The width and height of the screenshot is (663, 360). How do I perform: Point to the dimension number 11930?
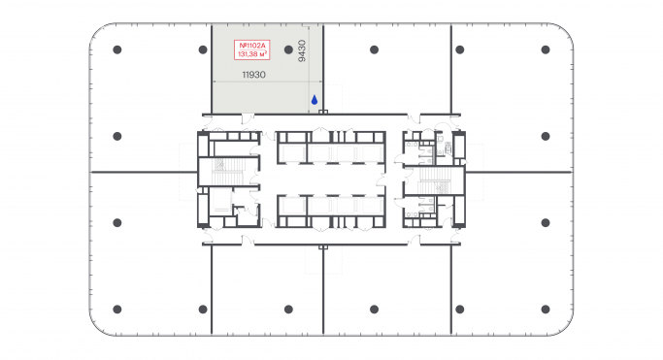click(x=253, y=74)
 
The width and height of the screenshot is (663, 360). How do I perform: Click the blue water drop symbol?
click(x=314, y=99)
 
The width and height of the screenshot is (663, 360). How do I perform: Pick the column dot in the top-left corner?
click(x=116, y=49)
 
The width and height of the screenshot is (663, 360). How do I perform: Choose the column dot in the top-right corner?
click(x=546, y=49)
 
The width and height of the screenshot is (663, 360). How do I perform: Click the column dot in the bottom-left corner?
click(x=116, y=309)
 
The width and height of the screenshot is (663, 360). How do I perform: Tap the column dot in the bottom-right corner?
click(x=546, y=309)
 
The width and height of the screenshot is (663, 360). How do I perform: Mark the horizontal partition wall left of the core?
click(x=140, y=172)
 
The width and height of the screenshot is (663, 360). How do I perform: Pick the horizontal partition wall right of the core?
click(x=518, y=172)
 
